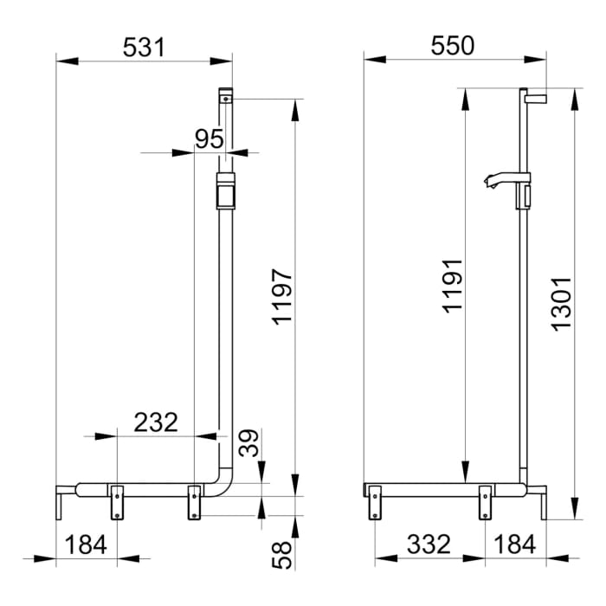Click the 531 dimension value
(x=143, y=47)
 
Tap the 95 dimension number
(x=209, y=139)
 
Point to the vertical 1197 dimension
(x=282, y=296)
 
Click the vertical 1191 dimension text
(x=452, y=287)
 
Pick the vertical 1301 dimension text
(x=561, y=302)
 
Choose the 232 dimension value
(x=156, y=422)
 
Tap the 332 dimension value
(x=429, y=545)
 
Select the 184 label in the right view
(x=514, y=545)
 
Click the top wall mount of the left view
(x=225, y=96)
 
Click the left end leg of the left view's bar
(x=59, y=502)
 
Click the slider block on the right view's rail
(x=523, y=197)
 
